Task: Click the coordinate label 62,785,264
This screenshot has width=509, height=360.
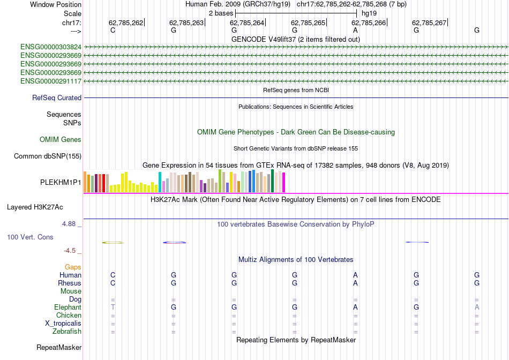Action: coord(247,23)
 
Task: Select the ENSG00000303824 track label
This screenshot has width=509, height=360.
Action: coord(51,47)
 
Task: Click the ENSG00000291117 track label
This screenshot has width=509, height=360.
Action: coord(51,81)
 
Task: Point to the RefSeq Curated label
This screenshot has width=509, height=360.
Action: coord(57,98)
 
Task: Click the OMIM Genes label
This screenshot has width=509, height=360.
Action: coord(61,140)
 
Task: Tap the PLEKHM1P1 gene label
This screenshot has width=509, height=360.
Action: coord(61,182)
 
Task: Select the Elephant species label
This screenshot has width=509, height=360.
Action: coord(68,307)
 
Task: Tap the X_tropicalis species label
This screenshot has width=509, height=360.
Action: coord(63,324)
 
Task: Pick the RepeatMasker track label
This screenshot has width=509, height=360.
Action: coord(59,348)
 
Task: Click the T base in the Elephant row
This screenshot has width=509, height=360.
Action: coord(113,307)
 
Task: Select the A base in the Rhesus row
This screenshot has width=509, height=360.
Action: coord(355,283)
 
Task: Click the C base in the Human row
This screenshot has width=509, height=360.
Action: coord(113,275)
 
